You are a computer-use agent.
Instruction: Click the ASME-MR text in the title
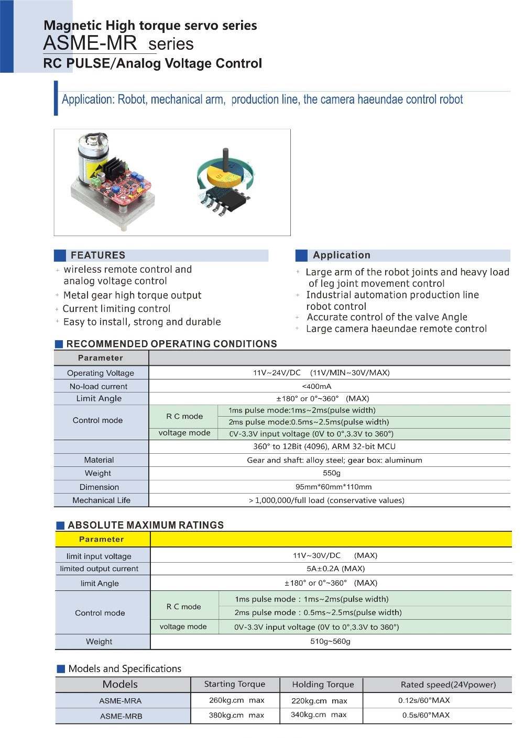[90, 43]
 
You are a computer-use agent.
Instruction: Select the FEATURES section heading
[98, 255]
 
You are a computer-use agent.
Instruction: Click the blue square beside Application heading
[301, 255]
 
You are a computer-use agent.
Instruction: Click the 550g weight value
[331, 473]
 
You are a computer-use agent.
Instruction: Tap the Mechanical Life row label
[101, 500]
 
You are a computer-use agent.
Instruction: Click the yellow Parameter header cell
[102, 539]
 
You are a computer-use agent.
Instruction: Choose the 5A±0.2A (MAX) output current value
[335, 568]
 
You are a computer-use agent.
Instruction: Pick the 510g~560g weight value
[330, 641]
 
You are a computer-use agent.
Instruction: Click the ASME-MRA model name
[121, 701]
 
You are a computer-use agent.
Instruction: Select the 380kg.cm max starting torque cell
[236, 715]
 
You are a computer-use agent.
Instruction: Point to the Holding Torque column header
[323, 685]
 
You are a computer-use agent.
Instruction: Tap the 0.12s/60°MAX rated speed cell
[424, 700]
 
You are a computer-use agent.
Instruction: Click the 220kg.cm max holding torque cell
[319, 701]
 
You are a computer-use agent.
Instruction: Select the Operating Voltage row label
[101, 373]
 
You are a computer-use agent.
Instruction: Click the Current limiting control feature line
[116, 309]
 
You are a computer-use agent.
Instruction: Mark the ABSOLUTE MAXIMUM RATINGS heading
[146, 525]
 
